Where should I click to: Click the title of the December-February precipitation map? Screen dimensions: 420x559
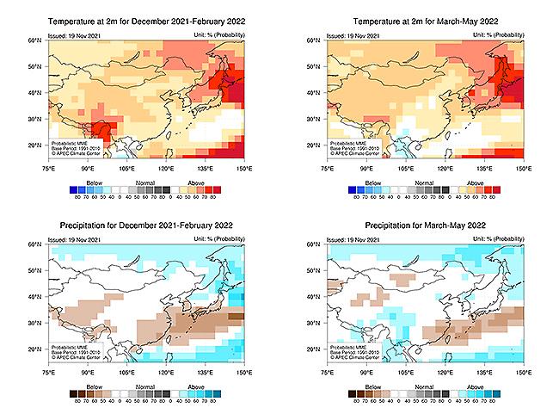144,226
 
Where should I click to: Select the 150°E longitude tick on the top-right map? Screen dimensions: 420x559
520,170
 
